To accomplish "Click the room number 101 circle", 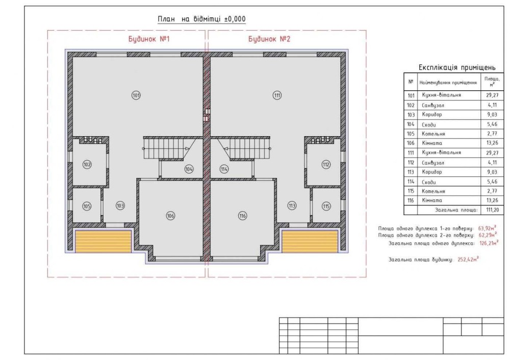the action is [x=136, y=95].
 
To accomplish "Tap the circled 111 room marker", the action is [x=277, y=95].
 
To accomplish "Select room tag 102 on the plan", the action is [x=87, y=165].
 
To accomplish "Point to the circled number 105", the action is [x=87, y=206].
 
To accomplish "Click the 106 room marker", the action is [x=170, y=216].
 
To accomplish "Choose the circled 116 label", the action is [x=243, y=216].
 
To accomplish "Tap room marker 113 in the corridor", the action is [x=292, y=205].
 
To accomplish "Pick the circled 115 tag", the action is [x=326, y=206].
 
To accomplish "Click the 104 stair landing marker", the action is [x=189, y=169].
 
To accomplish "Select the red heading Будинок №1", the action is [x=149, y=39].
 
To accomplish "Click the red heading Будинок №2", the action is [x=269, y=39].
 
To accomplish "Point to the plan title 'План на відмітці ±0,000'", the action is [x=201, y=19].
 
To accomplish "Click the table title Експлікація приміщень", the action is [x=457, y=67].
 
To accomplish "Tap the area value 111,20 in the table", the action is [x=493, y=210].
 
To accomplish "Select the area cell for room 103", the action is [x=493, y=114].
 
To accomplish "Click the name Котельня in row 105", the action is [x=433, y=134].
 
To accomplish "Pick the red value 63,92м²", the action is [x=487, y=228].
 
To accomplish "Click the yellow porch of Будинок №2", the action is [x=310, y=242].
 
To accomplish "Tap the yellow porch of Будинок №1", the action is [x=104, y=242].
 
